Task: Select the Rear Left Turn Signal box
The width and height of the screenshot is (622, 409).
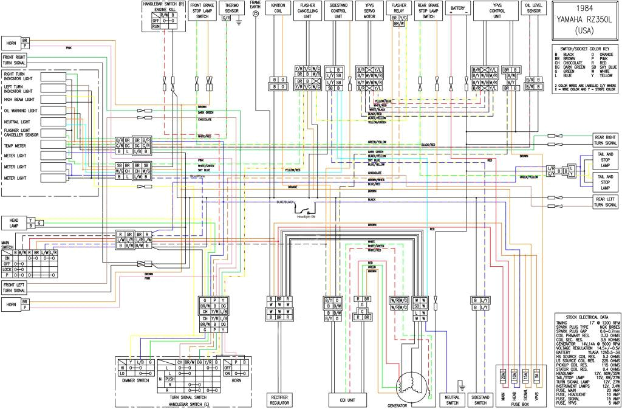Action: click(606, 202)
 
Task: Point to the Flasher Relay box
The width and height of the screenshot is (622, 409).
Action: click(398, 9)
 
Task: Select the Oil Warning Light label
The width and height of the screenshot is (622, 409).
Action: click(21, 111)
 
